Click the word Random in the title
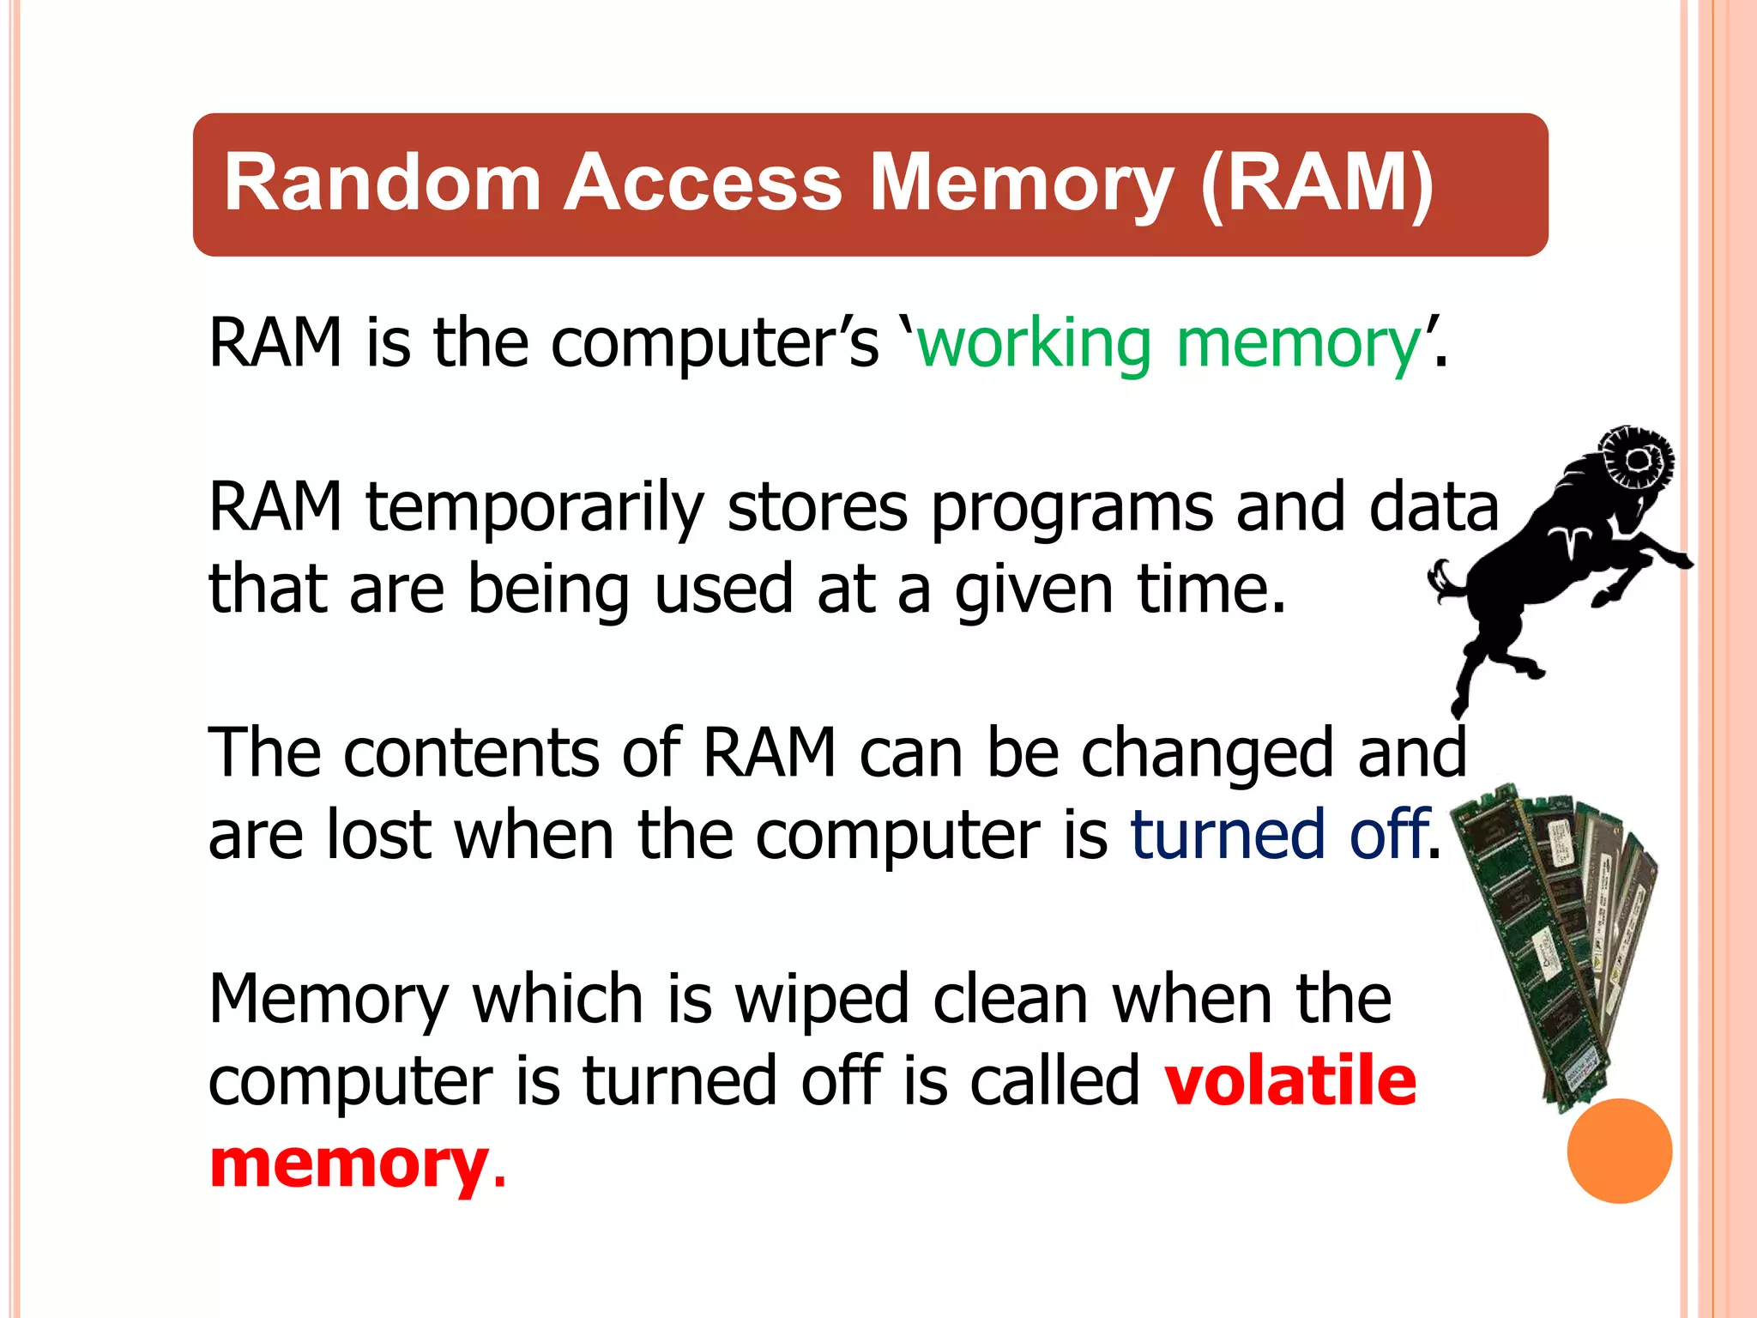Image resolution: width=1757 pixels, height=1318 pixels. pos(382,182)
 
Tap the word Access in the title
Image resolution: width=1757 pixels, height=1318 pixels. pos(703,182)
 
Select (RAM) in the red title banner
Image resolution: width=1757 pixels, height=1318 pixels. pos(1317,182)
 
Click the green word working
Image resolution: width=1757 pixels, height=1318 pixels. pos(1034,344)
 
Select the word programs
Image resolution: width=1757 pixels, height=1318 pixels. pos(1072,508)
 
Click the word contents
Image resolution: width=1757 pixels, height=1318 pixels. pos(471,753)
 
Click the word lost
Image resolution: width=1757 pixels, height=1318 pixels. pos(378,835)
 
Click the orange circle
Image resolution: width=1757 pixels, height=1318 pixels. pos(1619,1151)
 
